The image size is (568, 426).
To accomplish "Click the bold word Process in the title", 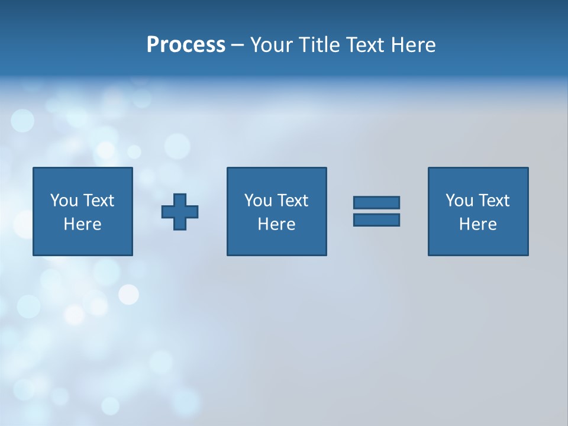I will [186, 45].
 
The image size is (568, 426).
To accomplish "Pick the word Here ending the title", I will [414, 45].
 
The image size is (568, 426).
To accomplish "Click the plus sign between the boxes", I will [180, 211].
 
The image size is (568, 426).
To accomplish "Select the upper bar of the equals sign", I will [376, 202].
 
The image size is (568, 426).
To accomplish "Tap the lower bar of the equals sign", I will [376, 220].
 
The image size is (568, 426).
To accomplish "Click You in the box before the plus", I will [64, 201].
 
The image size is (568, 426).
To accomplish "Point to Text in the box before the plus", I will [98, 201].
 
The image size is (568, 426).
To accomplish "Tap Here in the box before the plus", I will [83, 224].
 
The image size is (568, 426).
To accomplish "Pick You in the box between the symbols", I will [258, 201].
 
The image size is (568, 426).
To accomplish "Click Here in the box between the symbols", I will [277, 224].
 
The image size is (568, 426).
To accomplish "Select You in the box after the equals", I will [459, 201].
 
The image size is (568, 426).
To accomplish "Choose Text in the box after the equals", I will [493, 201].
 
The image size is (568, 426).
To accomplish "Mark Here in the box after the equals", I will [478, 224].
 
